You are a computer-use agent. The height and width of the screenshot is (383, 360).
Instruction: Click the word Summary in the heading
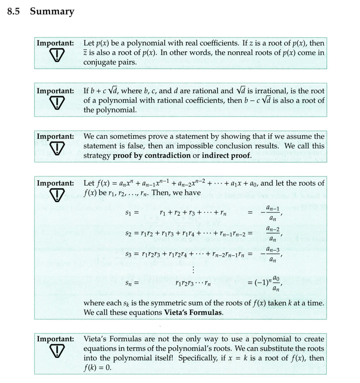(x=52, y=12)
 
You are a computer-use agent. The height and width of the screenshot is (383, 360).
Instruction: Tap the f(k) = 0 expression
(x=97, y=368)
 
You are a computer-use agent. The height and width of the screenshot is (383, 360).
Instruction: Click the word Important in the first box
(x=55, y=43)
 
